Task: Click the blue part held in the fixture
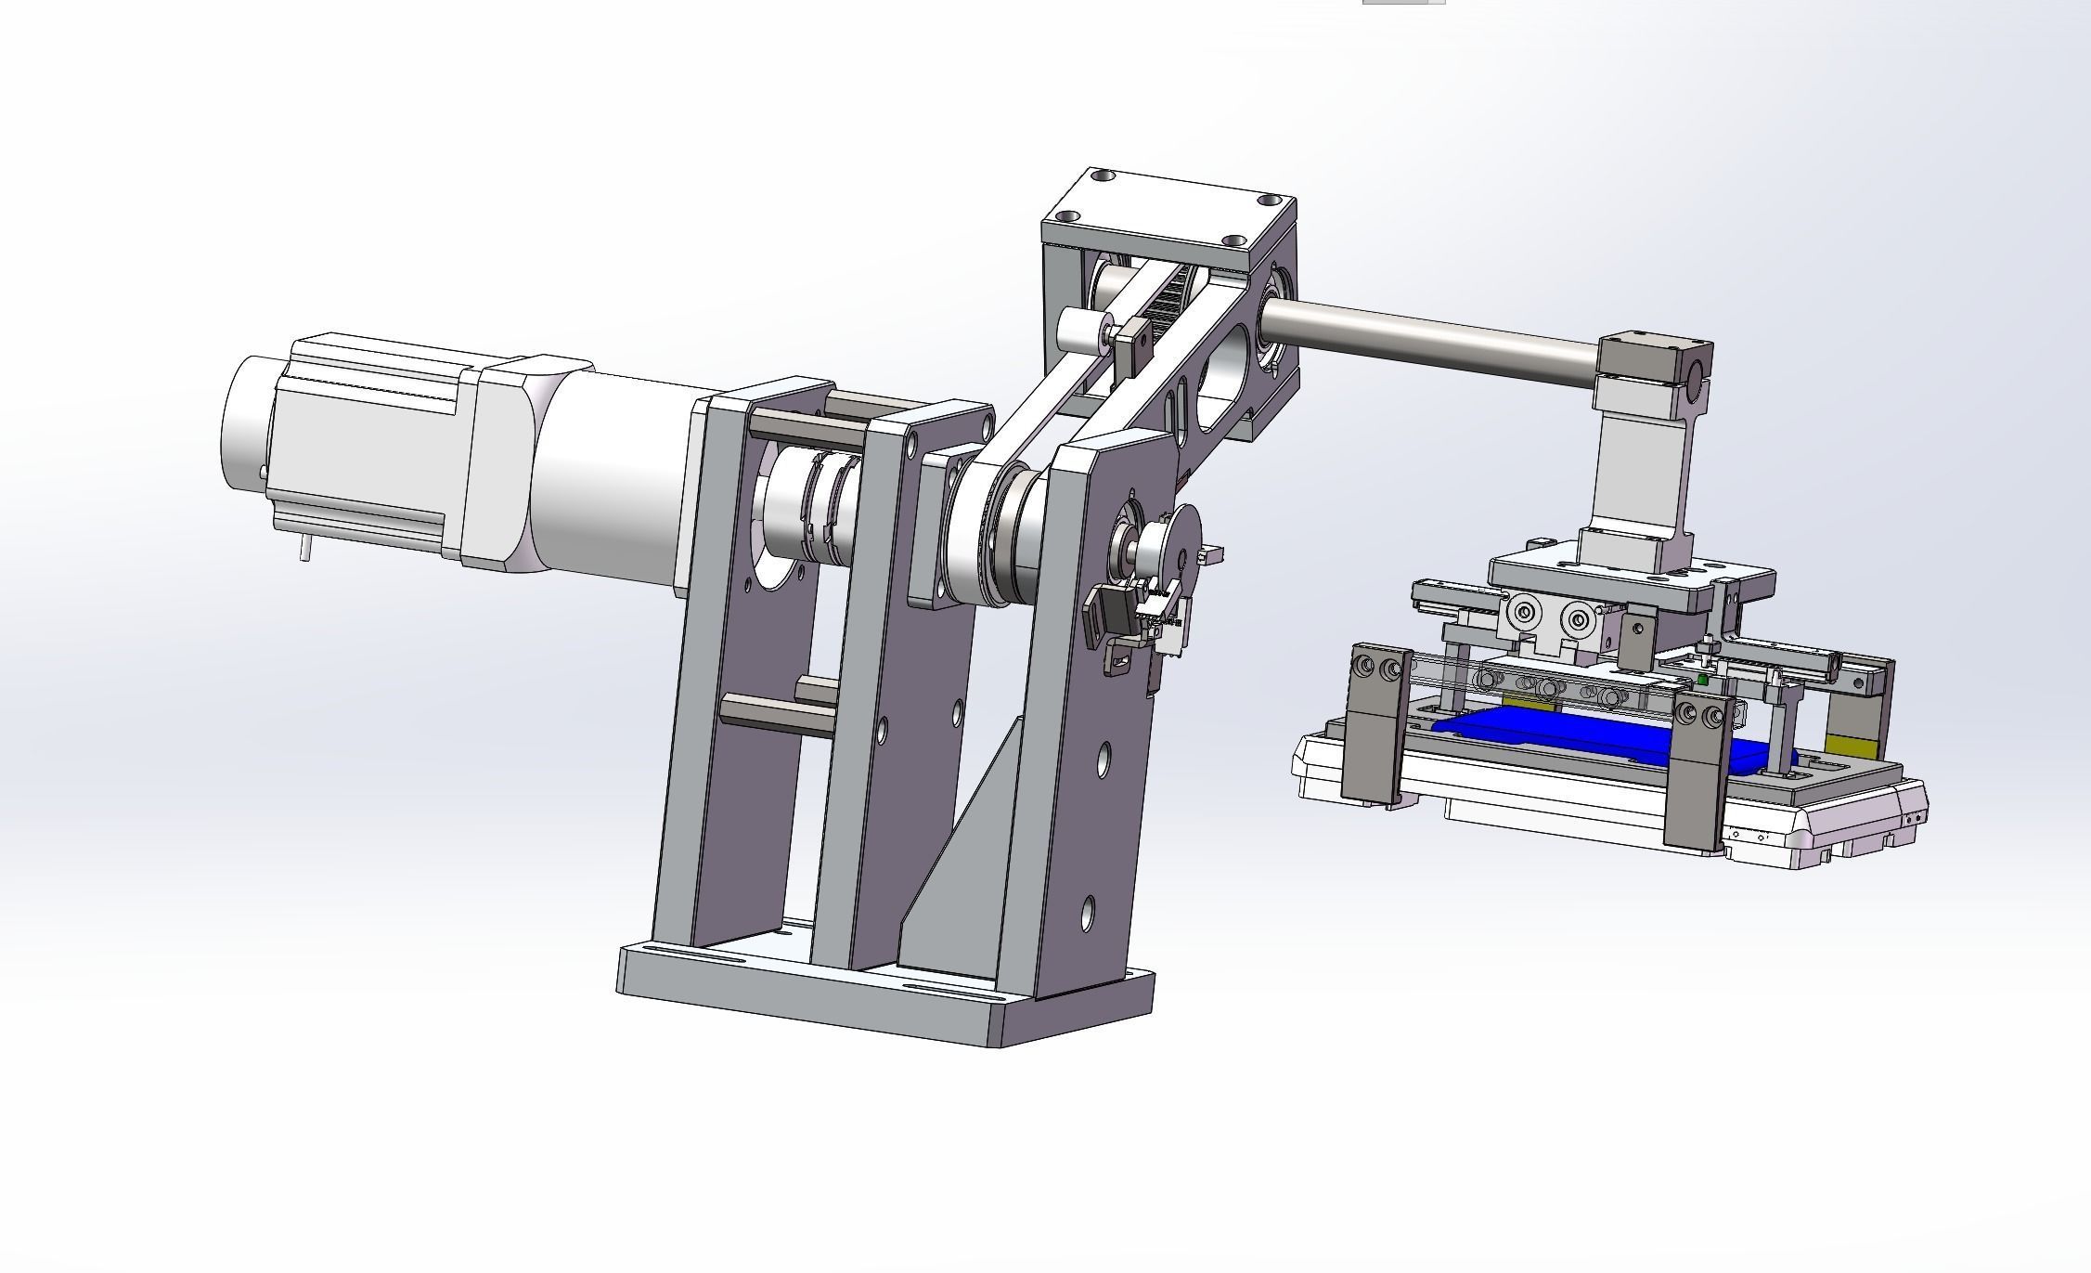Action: (x=1578, y=729)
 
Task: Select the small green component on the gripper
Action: (x=1701, y=681)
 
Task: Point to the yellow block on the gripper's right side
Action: (x=1850, y=745)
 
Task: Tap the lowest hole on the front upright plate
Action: (x=1088, y=913)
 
